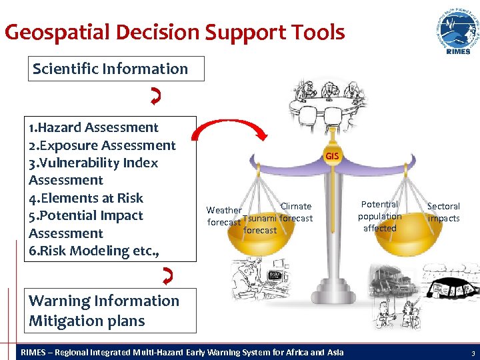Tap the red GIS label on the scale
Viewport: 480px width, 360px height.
click(x=332, y=156)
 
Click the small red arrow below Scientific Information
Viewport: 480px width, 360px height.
click(x=155, y=99)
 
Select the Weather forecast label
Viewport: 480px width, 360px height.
click(x=223, y=216)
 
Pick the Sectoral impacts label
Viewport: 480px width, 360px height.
click(x=443, y=212)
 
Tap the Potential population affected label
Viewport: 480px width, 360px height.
click(x=379, y=216)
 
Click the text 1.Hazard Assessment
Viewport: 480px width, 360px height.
click(x=94, y=127)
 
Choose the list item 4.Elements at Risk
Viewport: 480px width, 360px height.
click(x=86, y=198)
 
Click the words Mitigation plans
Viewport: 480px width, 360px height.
click(x=87, y=321)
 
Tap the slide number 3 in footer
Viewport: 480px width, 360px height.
click(x=472, y=352)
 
